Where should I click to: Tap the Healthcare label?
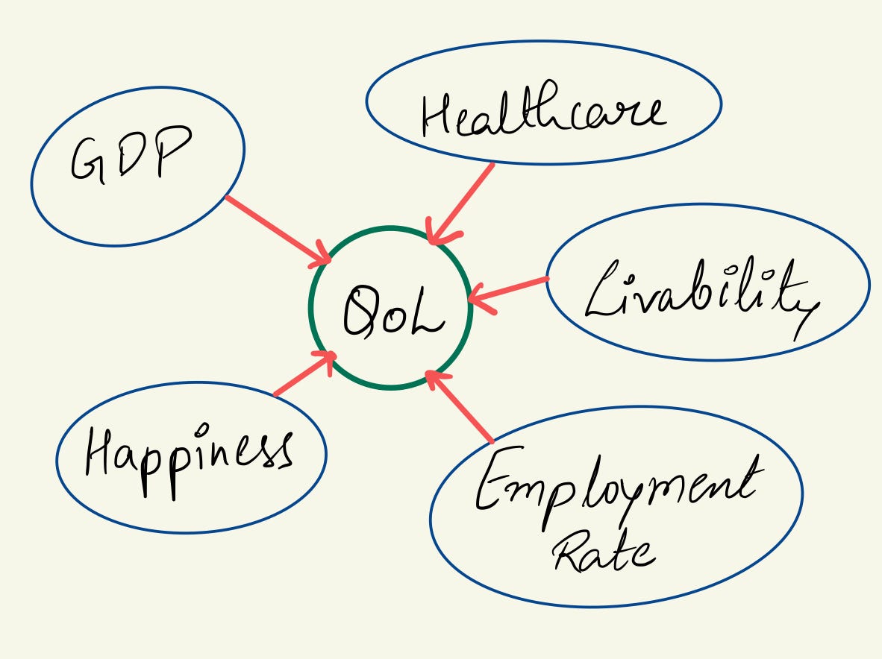tap(541, 113)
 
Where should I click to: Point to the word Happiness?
tap(187, 453)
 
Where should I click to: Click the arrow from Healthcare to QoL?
tap(463, 201)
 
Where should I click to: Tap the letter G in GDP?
tap(88, 160)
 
